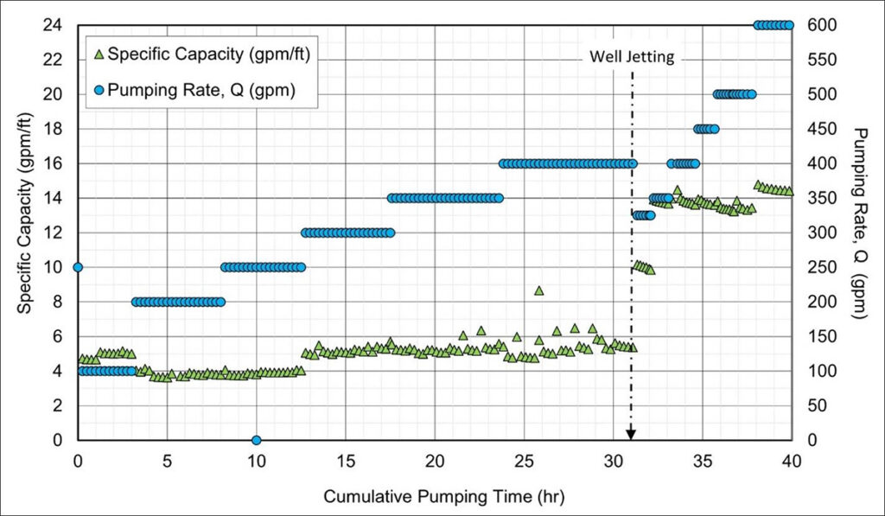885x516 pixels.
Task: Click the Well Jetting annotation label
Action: (x=631, y=57)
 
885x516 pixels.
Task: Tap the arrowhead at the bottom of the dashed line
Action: (x=631, y=433)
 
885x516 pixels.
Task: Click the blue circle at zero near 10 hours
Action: (x=256, y=440)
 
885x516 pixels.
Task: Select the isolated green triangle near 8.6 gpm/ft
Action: (x=538, y=290)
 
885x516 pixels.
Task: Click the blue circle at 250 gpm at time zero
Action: (x=78, y=267)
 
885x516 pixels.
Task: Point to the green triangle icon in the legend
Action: (x=99, y=54)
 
